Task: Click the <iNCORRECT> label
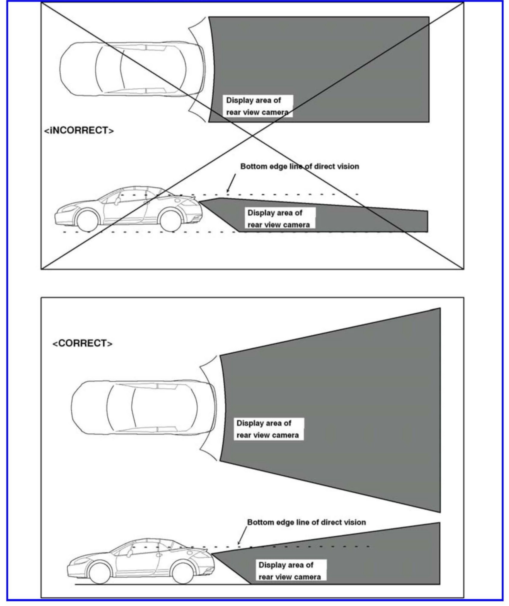[x=79, y=131]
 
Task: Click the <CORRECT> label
[x=82, y=343]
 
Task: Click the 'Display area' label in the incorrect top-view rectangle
[x=257, y=106]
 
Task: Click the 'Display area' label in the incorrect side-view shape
[x=278, y=219]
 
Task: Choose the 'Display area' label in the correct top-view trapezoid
[x=268, y=429]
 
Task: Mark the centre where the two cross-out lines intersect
[x=253, y=136]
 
